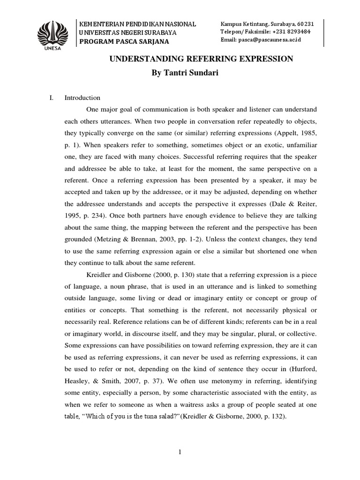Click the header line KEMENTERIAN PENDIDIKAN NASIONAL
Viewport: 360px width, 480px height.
(138, 24)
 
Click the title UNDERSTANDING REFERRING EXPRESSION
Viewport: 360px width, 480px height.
(201, 59)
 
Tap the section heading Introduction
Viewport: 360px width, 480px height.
(82, 98)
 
